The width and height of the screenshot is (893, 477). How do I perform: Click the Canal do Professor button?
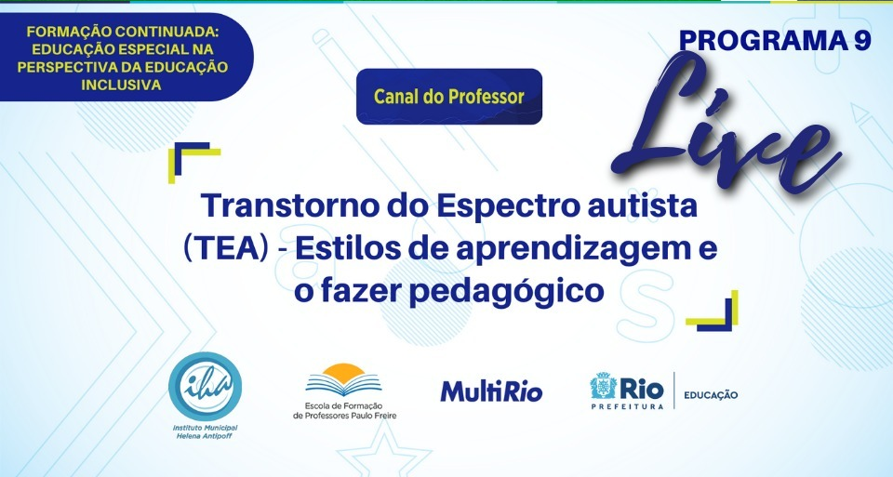pyautogui.click(x=448, y=96)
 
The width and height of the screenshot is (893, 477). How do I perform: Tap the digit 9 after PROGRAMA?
pyautogui.click(x=862, y=40)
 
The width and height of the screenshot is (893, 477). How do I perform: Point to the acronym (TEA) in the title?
pyautogui.click(x=226, y=249)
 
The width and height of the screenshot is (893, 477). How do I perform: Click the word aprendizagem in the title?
pyautogui.click(x=574, y=251)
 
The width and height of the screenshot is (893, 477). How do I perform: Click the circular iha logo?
pyautogui.click(x=205, y=387)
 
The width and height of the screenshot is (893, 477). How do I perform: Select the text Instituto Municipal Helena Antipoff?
pyautogui.click(x=205, y=431)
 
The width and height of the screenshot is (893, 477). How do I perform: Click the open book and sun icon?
pyautogui.click(x=343, y=379)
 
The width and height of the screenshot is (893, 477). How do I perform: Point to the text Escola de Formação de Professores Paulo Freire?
pyautogui.click(x=344, y=410)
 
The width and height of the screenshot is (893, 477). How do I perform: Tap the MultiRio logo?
pyautogui.click(x=491, y=391)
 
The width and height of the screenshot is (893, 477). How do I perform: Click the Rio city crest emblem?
pyautogui.click(x=603, y=386)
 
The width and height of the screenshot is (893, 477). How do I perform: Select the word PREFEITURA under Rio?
pyautogui.click(x=627, y=406)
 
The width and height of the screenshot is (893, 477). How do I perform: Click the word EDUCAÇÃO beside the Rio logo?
pyautogui.click(x=711, y=395)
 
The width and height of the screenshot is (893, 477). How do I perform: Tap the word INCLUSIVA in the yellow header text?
pyautogui.click(x=121, y=85)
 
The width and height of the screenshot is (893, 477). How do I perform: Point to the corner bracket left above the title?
pyautogui.click(x=193, y=162)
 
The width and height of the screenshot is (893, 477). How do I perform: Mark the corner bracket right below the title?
pyautogui.click(x=713, y=311)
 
